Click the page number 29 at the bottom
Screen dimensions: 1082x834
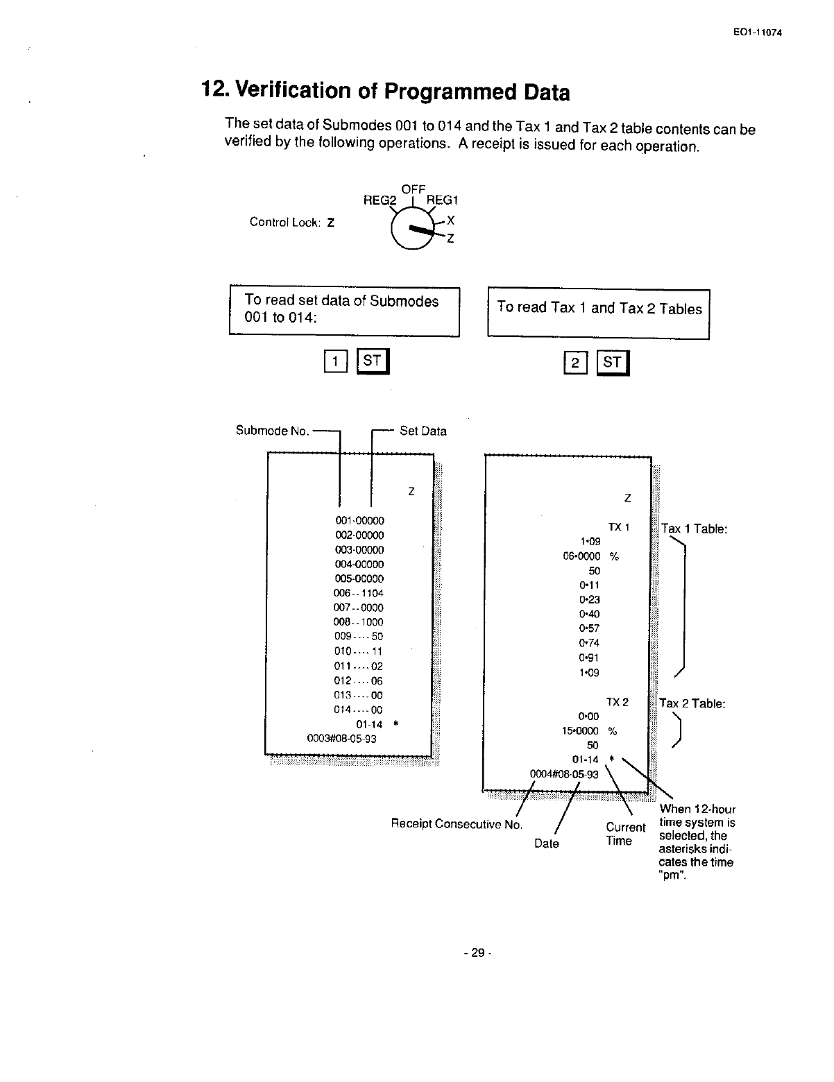click(x=477, y=952)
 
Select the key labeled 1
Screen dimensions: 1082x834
click(x=335, y=361)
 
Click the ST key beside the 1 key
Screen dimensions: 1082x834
click(x=373, y=361)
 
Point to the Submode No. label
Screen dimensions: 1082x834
click(x=272, y=430)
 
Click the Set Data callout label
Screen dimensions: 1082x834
click(x=423, y=431)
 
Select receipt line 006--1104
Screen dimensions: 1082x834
click(x=358, y=593)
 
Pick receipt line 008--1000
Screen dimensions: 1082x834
click(x=358, y=622)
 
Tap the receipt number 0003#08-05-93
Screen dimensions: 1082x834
click(x=341, y=739)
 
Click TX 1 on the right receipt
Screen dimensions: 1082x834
click(x=618, y=527)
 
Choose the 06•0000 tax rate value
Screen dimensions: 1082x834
click(x=581, y=556)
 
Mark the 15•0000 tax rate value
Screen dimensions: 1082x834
click(x=580, y=730)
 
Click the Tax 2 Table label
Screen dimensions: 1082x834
click(x=692, y=703)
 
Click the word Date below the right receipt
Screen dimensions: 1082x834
click(x=547, y=843)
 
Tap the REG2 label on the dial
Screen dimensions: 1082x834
click(x=380, y=200)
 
